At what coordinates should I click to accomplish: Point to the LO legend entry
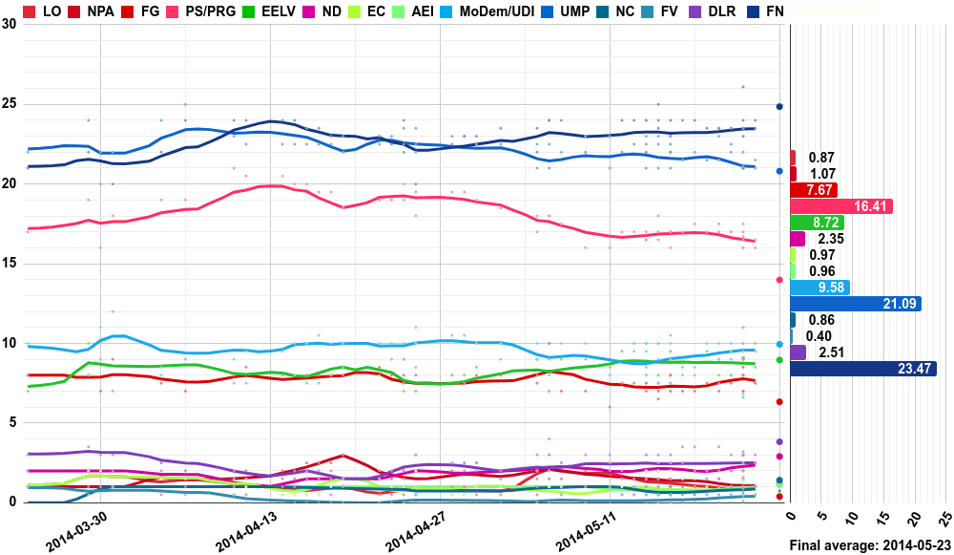pos(43,11)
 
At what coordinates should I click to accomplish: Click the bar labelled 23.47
pos(862,369)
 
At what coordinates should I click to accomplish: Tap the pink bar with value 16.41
pos(840,206)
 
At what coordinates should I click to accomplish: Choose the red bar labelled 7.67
pos(814,190)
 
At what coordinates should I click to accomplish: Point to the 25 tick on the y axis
pos(9,104)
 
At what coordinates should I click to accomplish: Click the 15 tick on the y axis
pos(9,264)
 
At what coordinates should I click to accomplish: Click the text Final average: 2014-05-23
pos(869,545)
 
